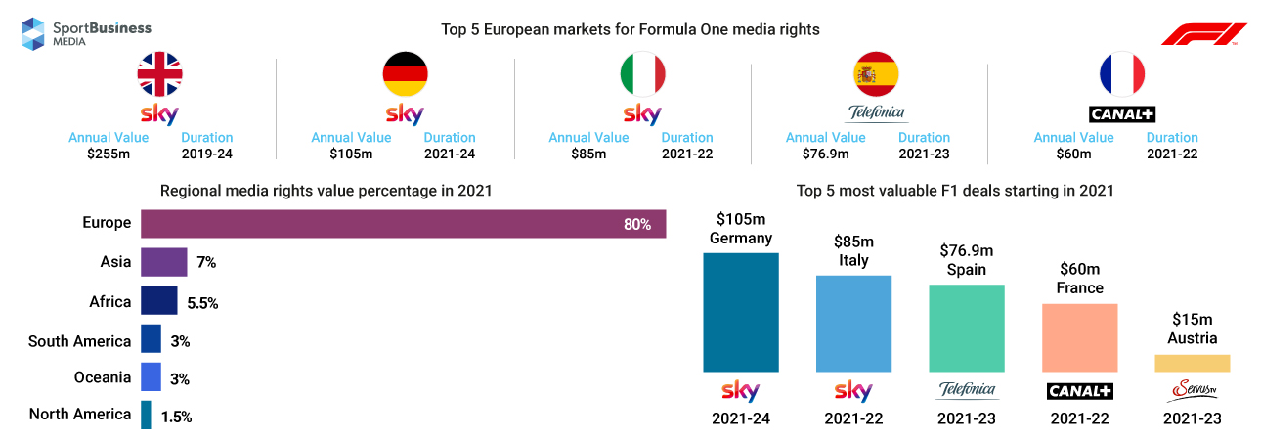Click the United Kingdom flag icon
click(x=160, y=74)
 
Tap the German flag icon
click(x=404, y=74)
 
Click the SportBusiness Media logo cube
click(x=34, y=33)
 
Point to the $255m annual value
click(x=109, y=154)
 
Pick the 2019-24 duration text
click(x=207, y=154)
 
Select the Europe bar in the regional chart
click(x=403, y=224)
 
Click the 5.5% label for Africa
click(x=202, y=303)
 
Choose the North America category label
click(x=80, y=414)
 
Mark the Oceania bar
click(x=151, y=377)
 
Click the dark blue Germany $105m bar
click(x=740, y=312)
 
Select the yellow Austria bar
click(x=1192, y=363)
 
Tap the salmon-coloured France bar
click(x=1079, y=337)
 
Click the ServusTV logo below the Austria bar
click(x=1192, y=391)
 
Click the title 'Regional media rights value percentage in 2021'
click(x=326, y=192)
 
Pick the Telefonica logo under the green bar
click(x=966, y=391)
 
